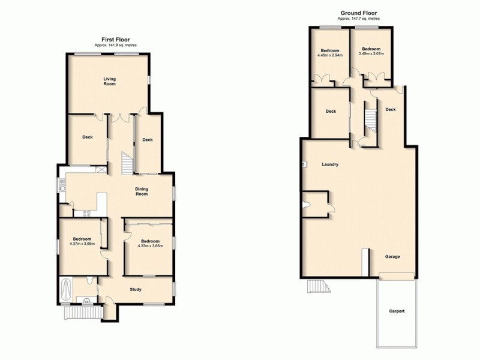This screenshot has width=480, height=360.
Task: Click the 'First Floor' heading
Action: tap(112, 40)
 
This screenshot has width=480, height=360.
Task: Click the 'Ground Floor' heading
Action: tap(359, 13)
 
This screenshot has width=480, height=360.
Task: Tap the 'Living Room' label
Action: tap(109, 81)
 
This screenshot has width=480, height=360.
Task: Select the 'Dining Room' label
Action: tap(142, 191)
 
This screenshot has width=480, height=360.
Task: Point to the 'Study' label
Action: tap(136, 290)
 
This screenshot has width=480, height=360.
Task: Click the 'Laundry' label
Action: tap(331, 164)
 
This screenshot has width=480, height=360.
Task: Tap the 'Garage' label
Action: tap(392, 257)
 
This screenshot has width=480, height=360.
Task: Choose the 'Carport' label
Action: tap(397, 311)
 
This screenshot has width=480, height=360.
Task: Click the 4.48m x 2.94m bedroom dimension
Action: tap(329, 55)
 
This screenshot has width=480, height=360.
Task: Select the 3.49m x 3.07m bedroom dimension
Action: tap(371, 53)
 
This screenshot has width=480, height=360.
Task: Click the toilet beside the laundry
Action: tap(308, 205)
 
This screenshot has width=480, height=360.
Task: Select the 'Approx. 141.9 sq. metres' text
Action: tap(112, 46)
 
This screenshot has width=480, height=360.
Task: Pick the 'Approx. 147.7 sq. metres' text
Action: tap(359, 19)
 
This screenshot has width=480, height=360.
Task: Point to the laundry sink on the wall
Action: tap(305, 163)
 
